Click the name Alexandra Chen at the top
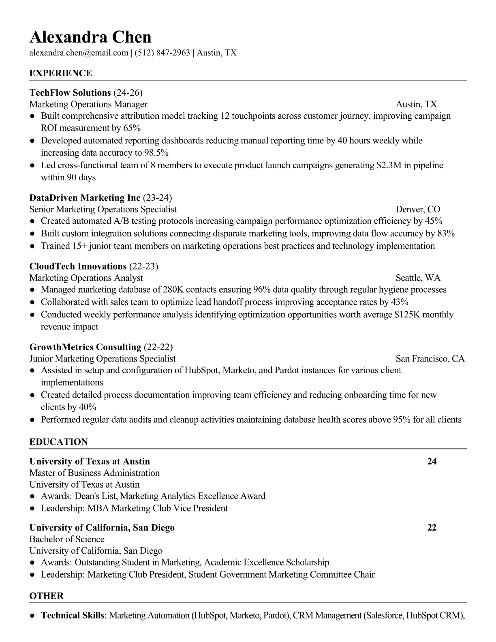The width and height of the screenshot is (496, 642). [x=90, y=37]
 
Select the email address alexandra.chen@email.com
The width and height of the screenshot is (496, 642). [x=79, y=53]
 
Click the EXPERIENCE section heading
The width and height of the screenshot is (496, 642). [x=61, y=73]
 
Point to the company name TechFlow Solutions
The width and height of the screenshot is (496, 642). [x=70, y=93]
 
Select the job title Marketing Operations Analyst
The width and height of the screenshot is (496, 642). [x=86, y=278]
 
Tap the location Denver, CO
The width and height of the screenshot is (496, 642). [x=418, y=210]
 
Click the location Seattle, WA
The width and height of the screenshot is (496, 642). [x=418, y=278]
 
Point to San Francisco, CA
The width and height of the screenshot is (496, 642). [x=430, y=359]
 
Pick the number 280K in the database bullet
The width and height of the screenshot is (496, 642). [x=173, y=290]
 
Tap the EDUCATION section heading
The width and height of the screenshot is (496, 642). [x=59, y=442]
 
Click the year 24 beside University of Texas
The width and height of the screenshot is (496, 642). [x=432, y=462]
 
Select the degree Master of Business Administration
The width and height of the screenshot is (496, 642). [x=94, y=473]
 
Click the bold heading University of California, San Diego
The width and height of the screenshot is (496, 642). [x=102, y=528]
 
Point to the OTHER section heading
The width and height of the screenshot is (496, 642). [x=47, y=596]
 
